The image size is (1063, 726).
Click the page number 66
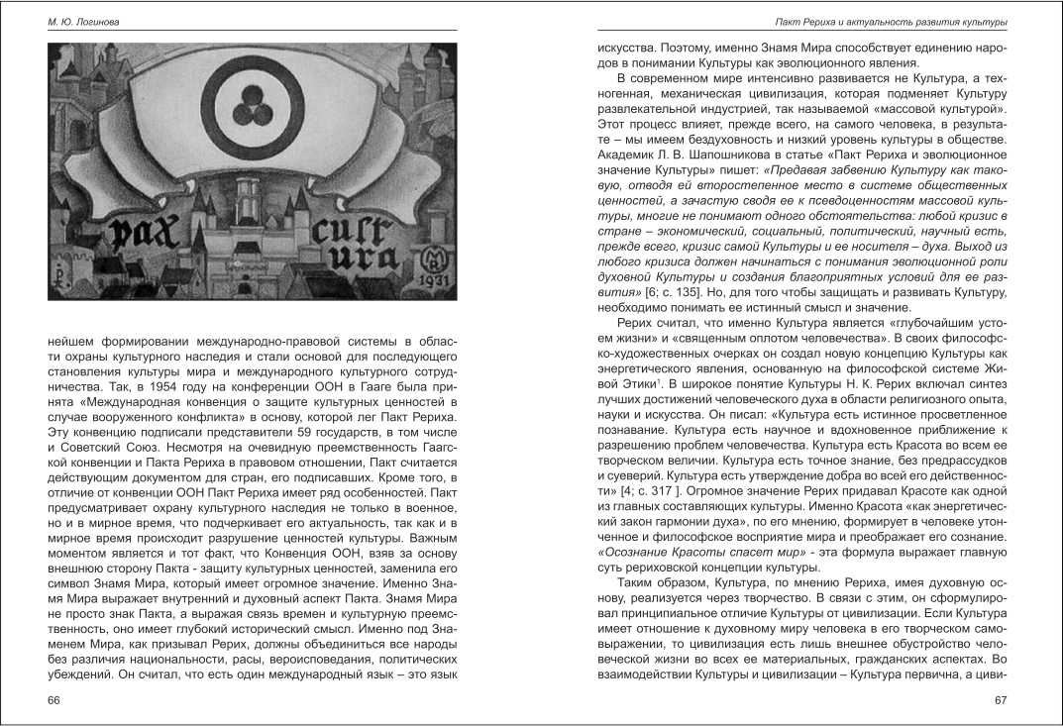pyautogui.click(x=54, y=701)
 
